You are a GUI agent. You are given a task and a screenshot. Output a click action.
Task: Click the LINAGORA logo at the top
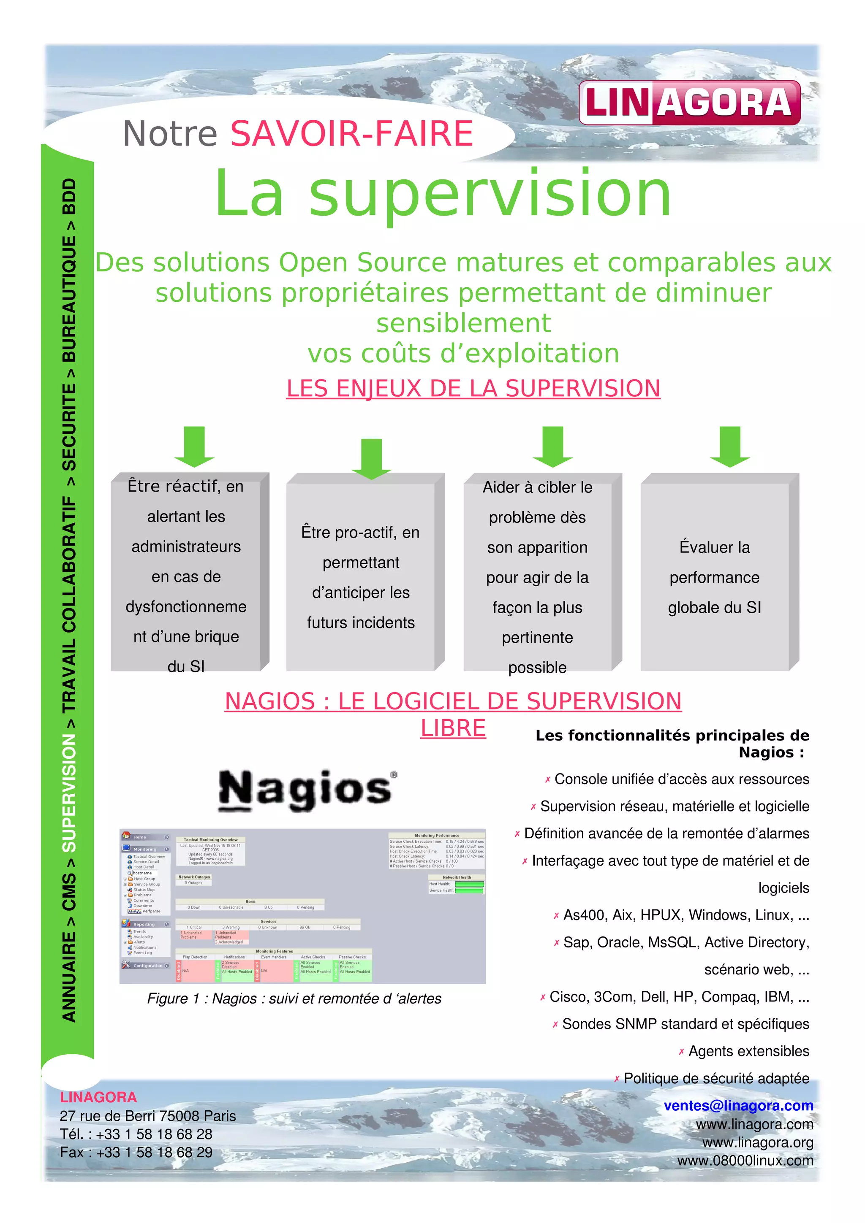click(x=689, y=103)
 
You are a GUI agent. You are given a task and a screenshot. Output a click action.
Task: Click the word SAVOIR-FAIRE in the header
click(x=351, y=133)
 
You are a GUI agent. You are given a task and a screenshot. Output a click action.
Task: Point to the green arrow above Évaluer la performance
click(x=729, y=446)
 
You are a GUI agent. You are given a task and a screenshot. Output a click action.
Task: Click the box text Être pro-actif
click(x=360, y=532)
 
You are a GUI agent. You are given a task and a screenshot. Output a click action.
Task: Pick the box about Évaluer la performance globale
click(x=714, y=577)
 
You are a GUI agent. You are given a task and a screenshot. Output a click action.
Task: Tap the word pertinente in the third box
click(x=537, y=638)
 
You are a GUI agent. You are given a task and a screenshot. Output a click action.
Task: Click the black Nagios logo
click(x=307, y=790)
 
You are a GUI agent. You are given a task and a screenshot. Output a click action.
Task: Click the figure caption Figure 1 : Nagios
click(x=294, y=998)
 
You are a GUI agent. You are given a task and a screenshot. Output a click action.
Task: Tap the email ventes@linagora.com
click(x=738, y=1105)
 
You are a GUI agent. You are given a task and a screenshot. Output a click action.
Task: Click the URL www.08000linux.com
click(x=745, y=1160)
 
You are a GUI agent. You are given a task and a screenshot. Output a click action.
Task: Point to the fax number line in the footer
click(x=136, y=1152)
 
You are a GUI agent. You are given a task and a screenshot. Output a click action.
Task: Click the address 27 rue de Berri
click(x=148, y=1116)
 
